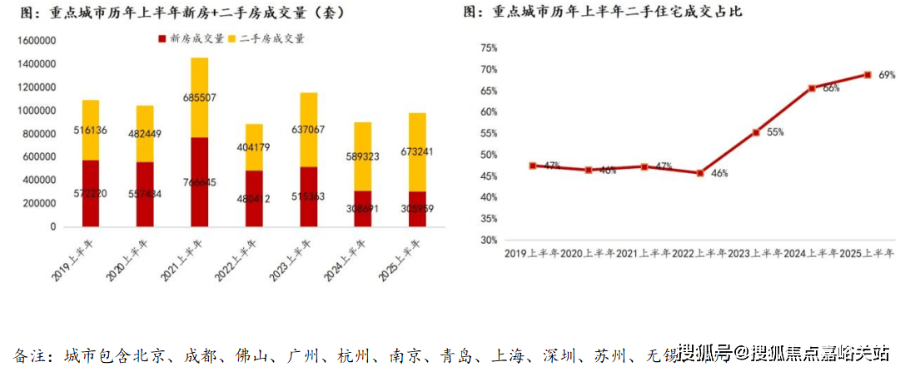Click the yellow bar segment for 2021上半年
tap(199, 97)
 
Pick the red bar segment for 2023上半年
tap(308, 196)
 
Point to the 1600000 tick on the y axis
tap(36, 41)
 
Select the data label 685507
tap(199, 98)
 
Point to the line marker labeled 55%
tap(756, 132)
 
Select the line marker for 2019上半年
tap(532, 166)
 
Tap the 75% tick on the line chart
tap(489, 47)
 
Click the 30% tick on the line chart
tap(489, 240)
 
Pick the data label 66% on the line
tap(830, 88)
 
